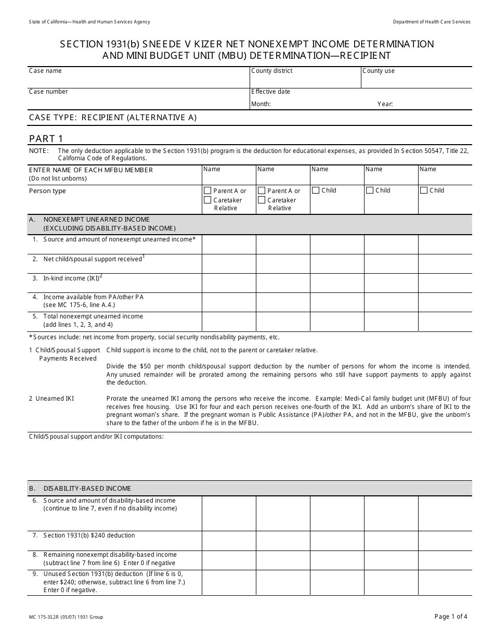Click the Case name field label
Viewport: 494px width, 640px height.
pyautogui.click(x=45, y=71)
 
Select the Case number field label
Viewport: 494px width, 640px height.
pyautogui.click(x=48, y=92)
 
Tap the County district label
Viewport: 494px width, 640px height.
pyautogui.click(x=271, y=71)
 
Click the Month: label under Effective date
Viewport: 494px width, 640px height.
pyautogui.click(x=261, y=104)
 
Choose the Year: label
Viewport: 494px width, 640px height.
pyautogui.click(x=385, y=104)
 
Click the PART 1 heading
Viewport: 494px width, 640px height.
pyautogui.click(x=46, y=138)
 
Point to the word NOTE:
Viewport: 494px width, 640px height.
pyautogui.click(x=38, y=151)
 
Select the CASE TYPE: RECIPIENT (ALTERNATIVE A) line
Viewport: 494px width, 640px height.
pyautogui.click(x=113, y=118)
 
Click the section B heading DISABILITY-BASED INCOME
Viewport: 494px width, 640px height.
pyautogui.click(x=87, y=489)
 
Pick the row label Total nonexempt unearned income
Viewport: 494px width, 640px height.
pyautogui.click(x=93, y=316)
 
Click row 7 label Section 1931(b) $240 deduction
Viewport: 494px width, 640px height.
pyautogui.click(x=89, y=535)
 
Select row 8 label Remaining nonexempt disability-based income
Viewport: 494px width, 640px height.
pyautogui.click(x=110, y=555)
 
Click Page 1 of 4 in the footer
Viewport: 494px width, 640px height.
pyautogui.click(x=451, y=617)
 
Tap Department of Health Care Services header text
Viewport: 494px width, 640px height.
pyautogui.click(x=432, y=22)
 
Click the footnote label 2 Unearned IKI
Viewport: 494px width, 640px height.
pyautogui.click(x=51, y=399)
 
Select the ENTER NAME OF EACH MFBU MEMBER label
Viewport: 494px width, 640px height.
pyautogui.click(x=91, y=170)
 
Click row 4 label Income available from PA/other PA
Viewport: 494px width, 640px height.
pyautogui.click(x=93, y=297)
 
